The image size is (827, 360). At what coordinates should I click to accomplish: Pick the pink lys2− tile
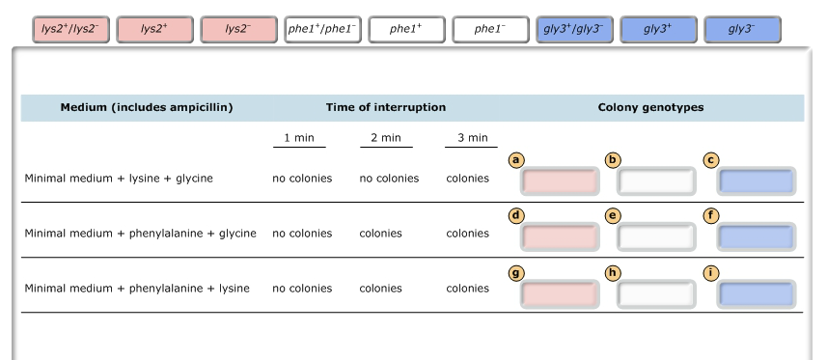pos(237,30)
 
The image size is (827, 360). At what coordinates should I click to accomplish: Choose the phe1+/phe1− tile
pos(322,30)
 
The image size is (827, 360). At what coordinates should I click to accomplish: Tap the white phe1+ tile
pos(406,30)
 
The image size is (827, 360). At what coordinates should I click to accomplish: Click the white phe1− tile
pos(490,30)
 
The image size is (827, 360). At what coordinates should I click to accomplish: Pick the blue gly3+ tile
pos(658,30)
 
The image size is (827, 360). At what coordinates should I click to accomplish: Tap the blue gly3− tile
pos(742,30)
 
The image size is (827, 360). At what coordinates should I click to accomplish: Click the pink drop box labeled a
pos(560,181)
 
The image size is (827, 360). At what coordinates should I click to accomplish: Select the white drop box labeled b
pos(656,181)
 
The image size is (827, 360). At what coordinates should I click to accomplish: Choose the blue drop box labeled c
pos(757,181)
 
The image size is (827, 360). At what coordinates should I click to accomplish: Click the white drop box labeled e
pos(656,236)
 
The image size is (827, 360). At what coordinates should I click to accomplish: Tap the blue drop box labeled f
pos(757,236)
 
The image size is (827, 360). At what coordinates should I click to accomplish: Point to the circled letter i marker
pos(712,273)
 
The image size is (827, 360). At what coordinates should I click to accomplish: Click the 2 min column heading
pos(385,138)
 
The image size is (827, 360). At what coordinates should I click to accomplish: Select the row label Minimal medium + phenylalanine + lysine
pos(136,288)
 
